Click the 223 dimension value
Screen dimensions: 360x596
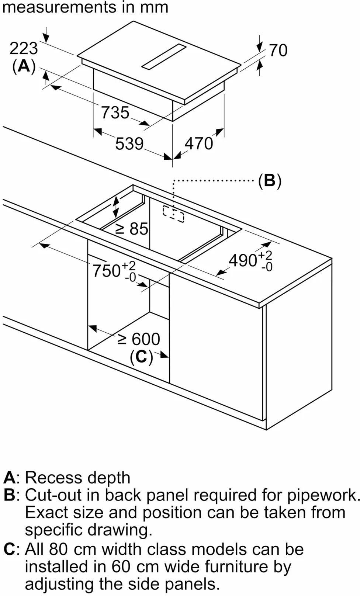[x=24, y=49]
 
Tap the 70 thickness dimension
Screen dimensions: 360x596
[x=278, y=50]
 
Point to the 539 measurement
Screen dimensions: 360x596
[x=129, y=143]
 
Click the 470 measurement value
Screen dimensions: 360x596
[x=199, y=143]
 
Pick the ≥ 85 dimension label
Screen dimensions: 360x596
[x=132, y=229]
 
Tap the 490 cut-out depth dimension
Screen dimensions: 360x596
[x=251, y=260]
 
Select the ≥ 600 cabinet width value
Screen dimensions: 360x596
[x=139, y=339]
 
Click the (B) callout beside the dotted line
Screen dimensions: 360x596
[x=270, y=181]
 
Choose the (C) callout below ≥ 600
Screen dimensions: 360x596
[x=141, y=357]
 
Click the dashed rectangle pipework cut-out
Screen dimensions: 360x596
[x=173, y=214]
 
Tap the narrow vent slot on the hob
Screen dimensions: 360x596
[x=164, y=56]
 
